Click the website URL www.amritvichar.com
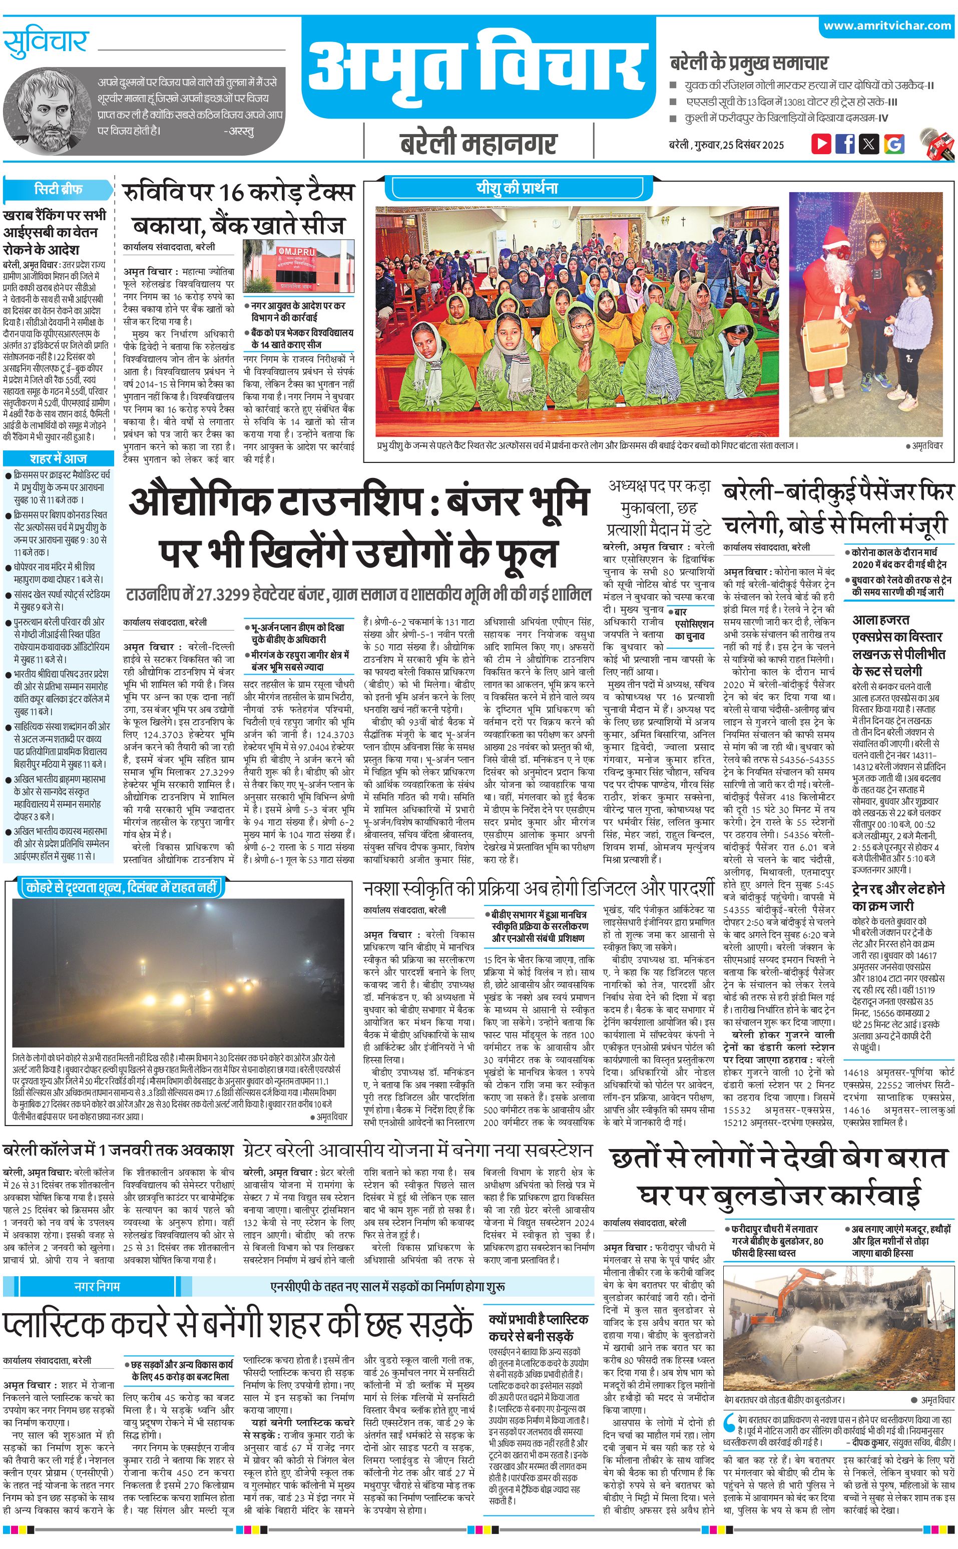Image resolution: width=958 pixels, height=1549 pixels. point(887,26)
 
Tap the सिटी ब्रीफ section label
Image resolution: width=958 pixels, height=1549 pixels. point(58,189)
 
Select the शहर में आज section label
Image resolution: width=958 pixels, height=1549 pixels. point(58,458)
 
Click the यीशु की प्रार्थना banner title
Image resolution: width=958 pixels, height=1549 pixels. point(517,188)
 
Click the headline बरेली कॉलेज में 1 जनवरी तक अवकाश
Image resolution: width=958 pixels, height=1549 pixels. point(119,1150)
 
